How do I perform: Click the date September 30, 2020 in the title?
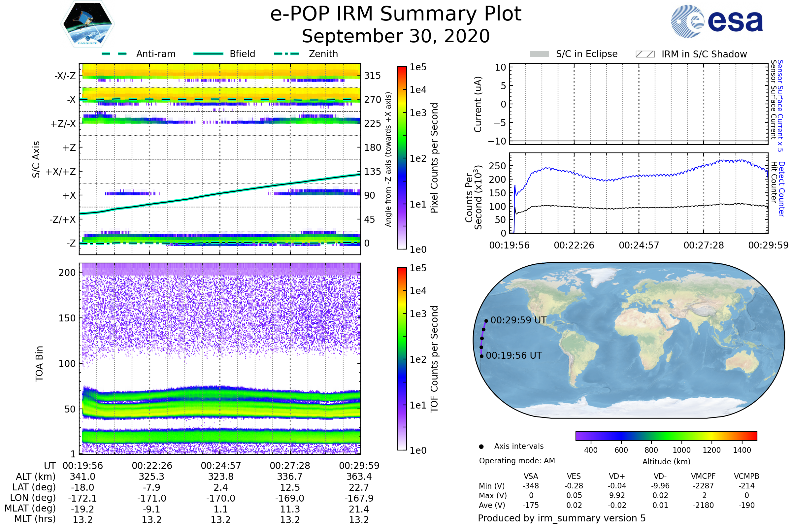[x=396, y=36]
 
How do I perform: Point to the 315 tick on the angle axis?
[x=372, y=76]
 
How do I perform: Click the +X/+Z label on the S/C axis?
[x=61, y=172]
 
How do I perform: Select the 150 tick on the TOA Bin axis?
[x=67, y=318]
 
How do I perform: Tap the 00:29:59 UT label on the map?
[x=518, y=320]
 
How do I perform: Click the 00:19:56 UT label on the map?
[x=514, y=356]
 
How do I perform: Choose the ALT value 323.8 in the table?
[x=220, y=477]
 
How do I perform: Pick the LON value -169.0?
[x=290, y=498]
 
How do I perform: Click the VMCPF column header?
[x=703, y=477]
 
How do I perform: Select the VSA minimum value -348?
[x=531, y=486]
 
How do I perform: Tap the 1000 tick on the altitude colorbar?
[x=681, y=450]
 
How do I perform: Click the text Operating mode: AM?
[x=517, y=461]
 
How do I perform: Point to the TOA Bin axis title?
[x=39, y=364]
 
